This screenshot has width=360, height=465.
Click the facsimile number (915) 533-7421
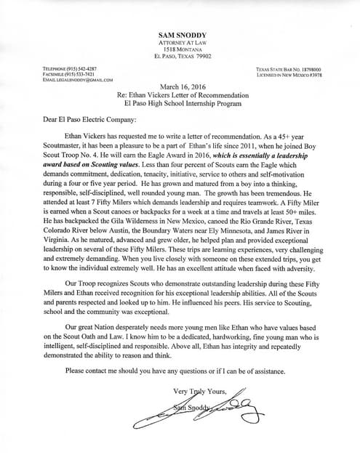63,74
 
